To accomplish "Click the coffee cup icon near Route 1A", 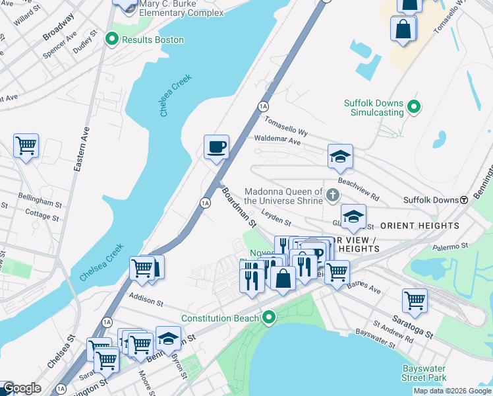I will [216, 147].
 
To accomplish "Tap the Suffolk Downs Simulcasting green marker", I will [414, 106].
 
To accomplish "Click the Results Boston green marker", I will [112, 40].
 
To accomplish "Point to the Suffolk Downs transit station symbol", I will [463, 199].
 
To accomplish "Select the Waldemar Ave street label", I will [277, 141].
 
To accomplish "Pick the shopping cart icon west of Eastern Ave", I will [26, 145].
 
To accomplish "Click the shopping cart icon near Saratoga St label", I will [415, 300].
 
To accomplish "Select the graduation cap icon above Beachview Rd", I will [340, 157].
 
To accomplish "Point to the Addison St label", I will [146, 301].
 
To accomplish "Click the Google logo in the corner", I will [22, 388].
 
